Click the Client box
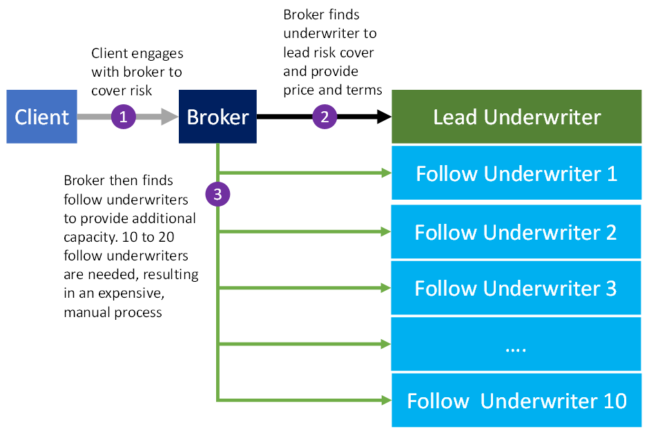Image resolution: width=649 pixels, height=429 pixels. pos(41,117)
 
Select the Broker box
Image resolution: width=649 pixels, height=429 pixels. pos(217,117)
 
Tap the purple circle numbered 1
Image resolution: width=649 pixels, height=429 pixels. pos(123,117)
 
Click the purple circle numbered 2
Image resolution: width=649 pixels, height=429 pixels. pos(324,117)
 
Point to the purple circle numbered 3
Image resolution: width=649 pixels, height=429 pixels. pos(217,195)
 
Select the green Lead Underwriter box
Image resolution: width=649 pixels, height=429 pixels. pos(516,117)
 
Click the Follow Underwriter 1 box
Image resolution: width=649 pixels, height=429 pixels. pos(516,173)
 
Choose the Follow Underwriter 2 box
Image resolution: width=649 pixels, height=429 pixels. pos(516,232)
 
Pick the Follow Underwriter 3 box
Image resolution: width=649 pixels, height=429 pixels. pos(516,288)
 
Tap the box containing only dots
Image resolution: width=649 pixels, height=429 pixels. pos(516,345)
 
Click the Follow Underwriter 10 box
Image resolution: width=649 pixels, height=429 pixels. pos(516,401)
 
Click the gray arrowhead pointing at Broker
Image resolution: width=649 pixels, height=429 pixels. pos(170,117)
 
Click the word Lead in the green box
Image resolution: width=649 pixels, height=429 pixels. pos(456,117)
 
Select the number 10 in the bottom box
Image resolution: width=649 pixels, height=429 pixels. pos(612,401)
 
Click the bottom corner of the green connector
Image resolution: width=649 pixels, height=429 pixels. pos(218,400)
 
